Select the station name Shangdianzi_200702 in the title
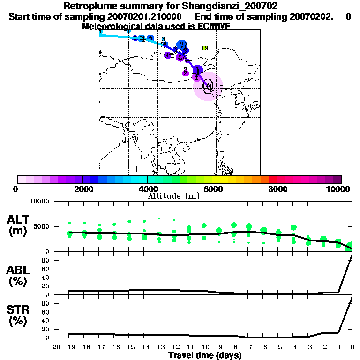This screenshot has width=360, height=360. pyautogui.click(x=227, y=6)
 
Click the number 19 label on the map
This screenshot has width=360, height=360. pyautogui.click(x=204, y=48)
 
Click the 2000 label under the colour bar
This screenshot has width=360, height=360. pyautogui.click(x=82, y=189)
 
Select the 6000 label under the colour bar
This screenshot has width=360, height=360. pyautogui.click(x=212, y=189)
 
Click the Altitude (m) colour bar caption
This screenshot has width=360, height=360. pyautogui.click(x=173, y=196)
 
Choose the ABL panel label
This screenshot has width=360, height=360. pyautogui.click(x=18, y=276)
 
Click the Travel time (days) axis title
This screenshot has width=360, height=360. pyautogui.click(x=205, y=355)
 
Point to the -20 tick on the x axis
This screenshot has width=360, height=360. pyautogui.click(x=54, y=347)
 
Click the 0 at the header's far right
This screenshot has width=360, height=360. pyautogui.click(x=348, y=16)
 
